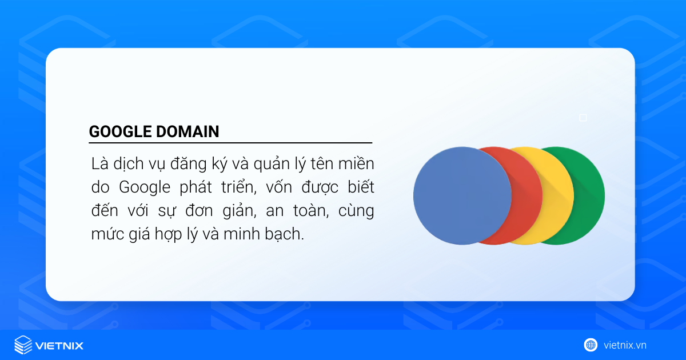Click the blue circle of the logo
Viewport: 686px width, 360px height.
coord(462,195)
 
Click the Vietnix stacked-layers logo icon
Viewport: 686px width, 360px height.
coord(23,345)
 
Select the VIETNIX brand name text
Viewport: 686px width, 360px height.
coord(59,345)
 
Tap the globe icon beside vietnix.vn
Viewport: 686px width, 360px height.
coord(591,345)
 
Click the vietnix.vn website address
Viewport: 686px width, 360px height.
coord(624,345)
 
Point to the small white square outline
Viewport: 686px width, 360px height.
coord(583,118)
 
